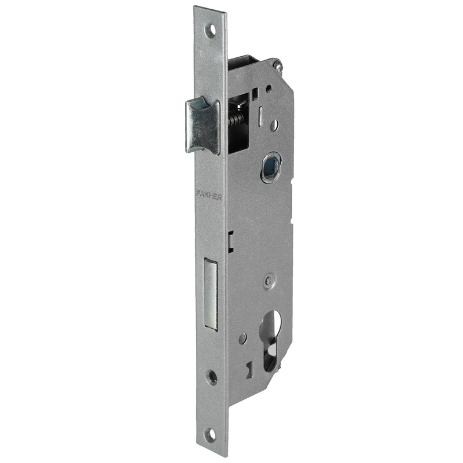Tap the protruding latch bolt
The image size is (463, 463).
(203, 127)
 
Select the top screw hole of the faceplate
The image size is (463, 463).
(211, 31)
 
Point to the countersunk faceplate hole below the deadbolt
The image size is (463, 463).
(212, 377)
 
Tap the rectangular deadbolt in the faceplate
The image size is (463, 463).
(211, 293)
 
